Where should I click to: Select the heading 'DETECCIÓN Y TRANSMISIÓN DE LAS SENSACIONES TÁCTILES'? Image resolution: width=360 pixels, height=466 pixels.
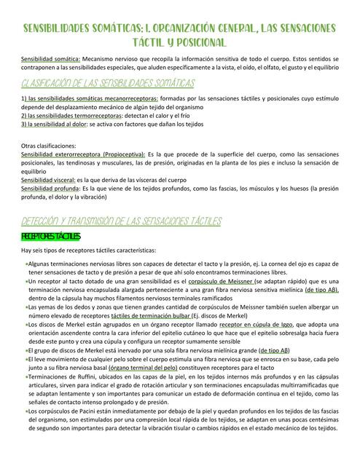121,221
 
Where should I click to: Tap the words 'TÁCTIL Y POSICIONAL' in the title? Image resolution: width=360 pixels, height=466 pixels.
179,42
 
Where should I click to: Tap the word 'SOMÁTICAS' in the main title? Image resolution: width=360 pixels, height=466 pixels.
128,28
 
